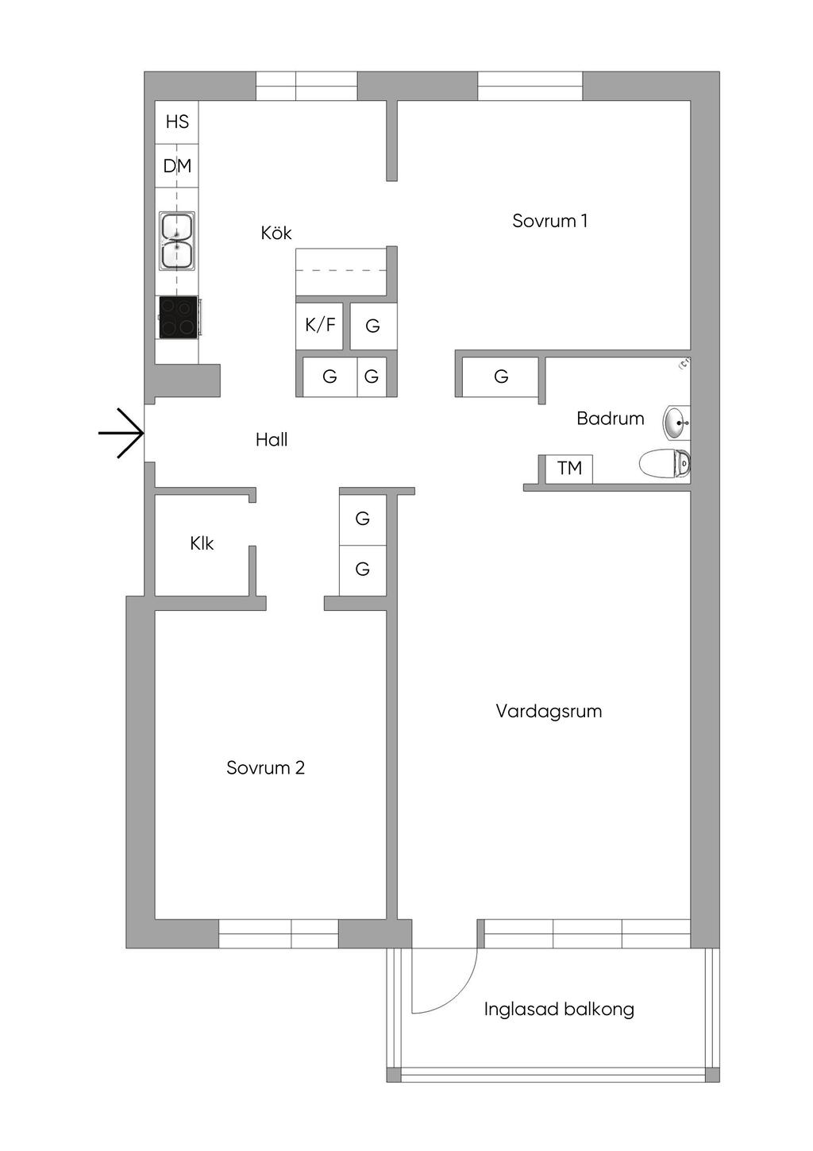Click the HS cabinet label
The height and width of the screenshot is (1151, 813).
pos(177,122)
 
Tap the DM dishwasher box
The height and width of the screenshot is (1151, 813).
pos(177,166)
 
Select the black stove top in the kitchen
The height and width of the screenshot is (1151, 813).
pos(179,317)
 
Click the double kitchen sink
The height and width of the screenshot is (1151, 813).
pos(177,241)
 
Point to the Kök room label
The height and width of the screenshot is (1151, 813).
pos(276,233)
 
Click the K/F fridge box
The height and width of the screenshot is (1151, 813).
pos(320,325)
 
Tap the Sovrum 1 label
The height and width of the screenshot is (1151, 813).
pos(549,221)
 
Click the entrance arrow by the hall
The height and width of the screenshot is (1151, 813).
pos(121,433)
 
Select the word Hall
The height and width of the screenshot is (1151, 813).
pos(272,440)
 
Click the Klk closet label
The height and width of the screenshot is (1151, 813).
pos(202,543)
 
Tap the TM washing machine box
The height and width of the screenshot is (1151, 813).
pos(569,469)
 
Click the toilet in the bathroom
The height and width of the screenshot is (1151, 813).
pos(665,464)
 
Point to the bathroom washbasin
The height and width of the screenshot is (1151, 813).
pos(676,423)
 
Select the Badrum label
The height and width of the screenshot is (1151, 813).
pos(610,419)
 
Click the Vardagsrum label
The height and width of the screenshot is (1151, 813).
pos(549,711)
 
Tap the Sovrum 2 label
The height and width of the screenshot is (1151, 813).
pos(265,767)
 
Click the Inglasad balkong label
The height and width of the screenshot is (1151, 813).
pos(559,1010)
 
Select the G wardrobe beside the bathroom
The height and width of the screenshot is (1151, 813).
pos(501,377)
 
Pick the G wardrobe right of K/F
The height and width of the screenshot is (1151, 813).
pos(372,326)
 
